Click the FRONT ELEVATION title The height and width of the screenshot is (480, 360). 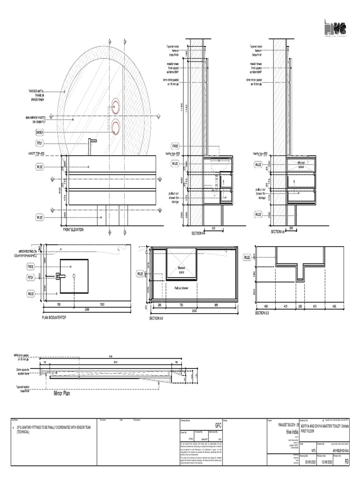click(x=75, y=231)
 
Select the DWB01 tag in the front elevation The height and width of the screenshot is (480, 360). click(x=40, y=132)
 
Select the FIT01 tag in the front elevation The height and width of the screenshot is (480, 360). click(x=40, y=143)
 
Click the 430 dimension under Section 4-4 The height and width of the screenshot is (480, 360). click(x=214, y=228)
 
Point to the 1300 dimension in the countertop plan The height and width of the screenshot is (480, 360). click(x=102, y=305)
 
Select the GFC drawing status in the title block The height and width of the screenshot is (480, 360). click(x=217, y=425)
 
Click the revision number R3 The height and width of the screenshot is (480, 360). click(x=347, y=461)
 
